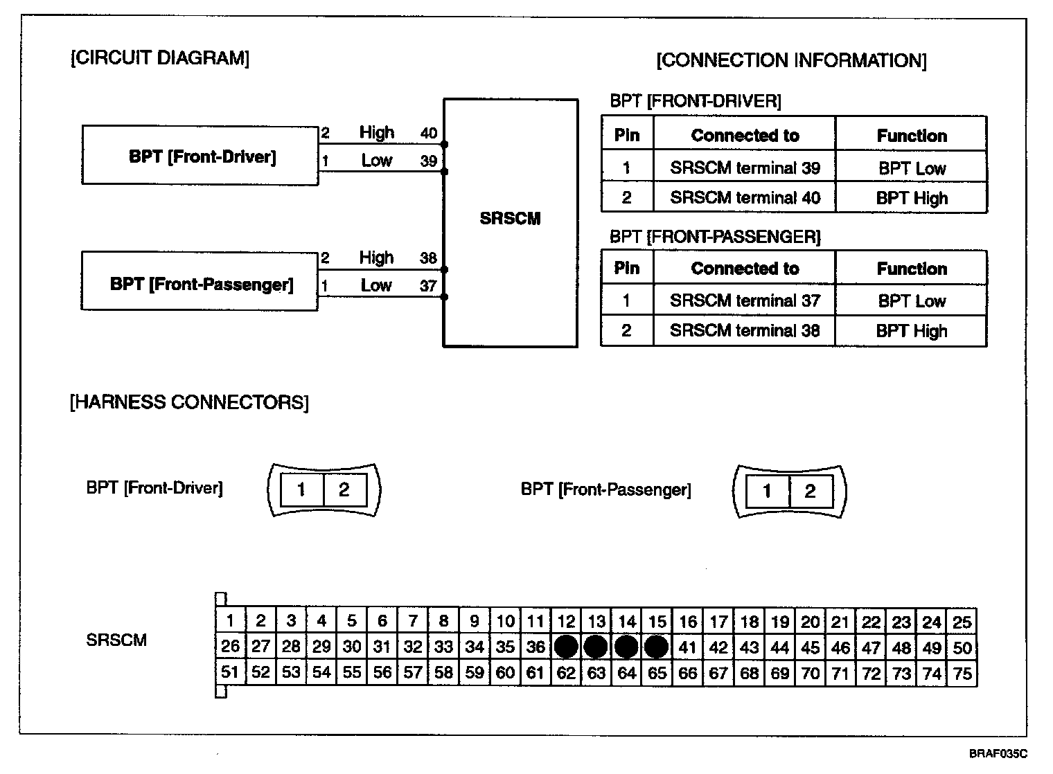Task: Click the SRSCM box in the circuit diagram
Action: pos(510,219)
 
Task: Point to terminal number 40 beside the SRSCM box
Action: pos(428,133)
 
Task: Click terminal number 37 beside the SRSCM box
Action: pos(428,285)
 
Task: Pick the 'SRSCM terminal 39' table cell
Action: pos(745,168)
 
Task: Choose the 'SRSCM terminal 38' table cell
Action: pos(745,331)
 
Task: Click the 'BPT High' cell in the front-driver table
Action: pos(911,199)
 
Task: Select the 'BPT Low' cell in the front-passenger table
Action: pos(911,301)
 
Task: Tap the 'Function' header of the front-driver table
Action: pos(911,136)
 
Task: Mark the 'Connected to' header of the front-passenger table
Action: pos(745,269)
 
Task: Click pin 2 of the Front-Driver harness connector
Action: pos(344,490)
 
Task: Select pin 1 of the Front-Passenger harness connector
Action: pos(766,492)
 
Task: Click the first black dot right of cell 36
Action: pos(566,647)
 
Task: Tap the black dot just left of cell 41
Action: pos(657,647)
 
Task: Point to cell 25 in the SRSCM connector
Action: pos(962,622)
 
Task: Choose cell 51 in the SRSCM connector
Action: pos(230,672)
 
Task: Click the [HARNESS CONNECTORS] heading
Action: pos(189,402)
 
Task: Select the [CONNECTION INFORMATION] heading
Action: pos(791,61)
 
